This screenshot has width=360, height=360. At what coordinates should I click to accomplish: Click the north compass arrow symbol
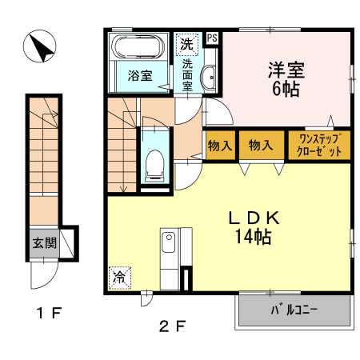[38, 48]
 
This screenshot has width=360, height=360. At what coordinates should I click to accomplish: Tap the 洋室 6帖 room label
[286, 78]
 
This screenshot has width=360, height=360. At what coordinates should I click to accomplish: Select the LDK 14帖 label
[254, 226]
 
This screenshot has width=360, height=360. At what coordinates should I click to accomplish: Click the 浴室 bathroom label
[139, 77]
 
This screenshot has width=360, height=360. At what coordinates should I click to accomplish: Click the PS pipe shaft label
[213, 38]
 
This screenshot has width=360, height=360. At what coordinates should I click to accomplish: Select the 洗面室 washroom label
[187, 74]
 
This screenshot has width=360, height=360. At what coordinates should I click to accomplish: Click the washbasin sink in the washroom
[210, 78]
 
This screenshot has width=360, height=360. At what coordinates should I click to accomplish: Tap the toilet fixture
[154, 164]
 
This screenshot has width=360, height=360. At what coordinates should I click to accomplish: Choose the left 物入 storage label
[219, 145]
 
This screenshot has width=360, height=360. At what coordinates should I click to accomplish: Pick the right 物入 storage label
[260, 145]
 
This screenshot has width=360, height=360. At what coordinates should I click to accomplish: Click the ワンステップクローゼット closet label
[319, 145]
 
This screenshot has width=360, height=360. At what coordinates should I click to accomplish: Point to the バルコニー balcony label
[294, 310]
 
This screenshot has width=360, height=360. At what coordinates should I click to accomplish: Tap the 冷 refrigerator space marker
[118, 278]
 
